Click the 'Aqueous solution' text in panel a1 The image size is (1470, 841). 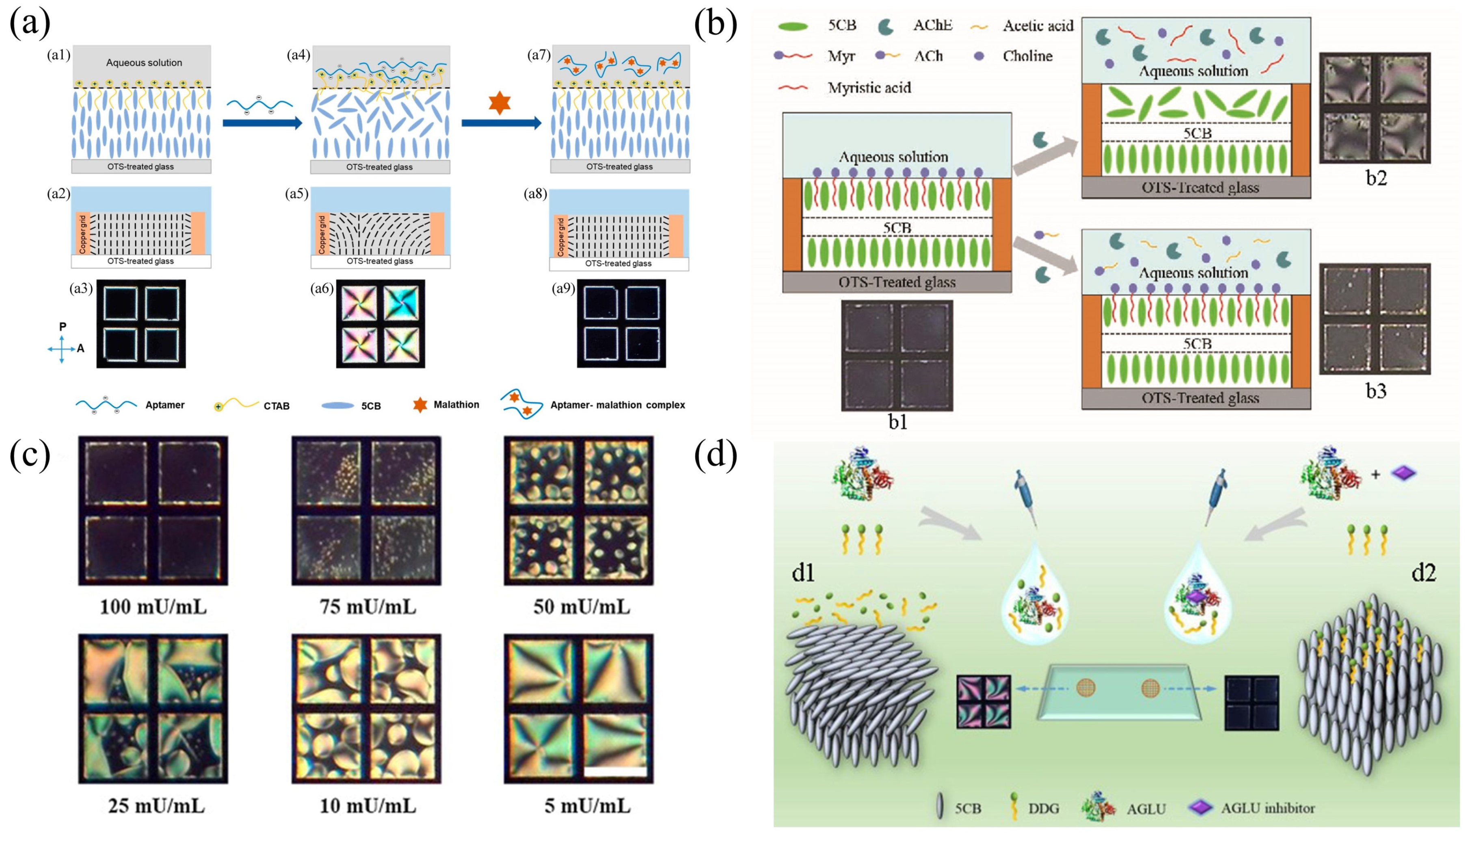(144, 63)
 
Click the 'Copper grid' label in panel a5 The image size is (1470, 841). (322, 234)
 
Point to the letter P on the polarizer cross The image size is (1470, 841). (63, 327)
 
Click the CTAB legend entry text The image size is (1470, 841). (276, 406)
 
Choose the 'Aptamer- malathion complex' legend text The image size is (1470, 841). (617, 405)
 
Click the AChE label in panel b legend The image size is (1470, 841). (932, 26)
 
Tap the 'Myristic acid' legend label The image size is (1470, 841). (869, 88)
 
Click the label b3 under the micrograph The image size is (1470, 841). (1376, 391)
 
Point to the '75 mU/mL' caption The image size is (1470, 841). (367, 607)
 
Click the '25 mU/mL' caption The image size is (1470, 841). (156, 806)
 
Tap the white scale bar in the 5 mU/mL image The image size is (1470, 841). (615, 771)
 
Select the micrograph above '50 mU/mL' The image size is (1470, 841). (578, 511)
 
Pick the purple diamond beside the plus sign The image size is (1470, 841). (1403, 474)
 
